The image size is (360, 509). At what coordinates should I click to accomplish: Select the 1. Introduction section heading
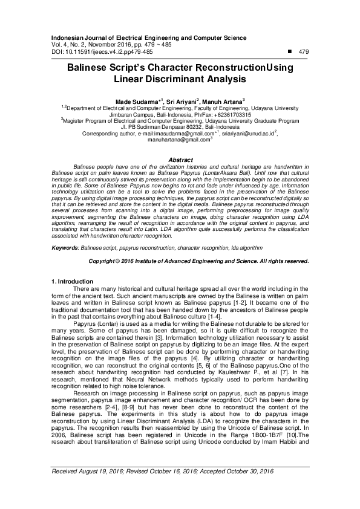coord(71,282)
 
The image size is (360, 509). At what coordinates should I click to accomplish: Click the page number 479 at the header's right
coord(304,53)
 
